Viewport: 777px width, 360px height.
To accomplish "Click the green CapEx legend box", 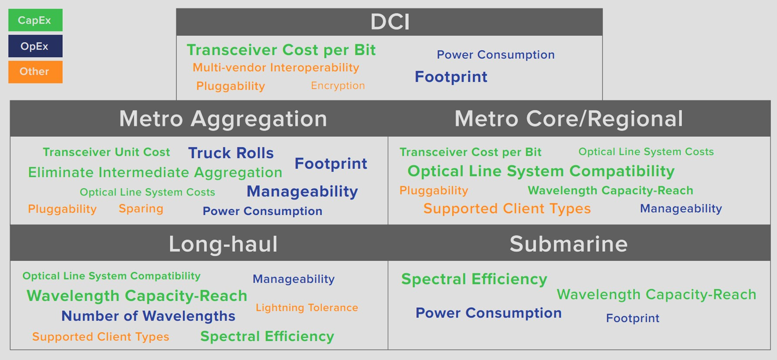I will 35,20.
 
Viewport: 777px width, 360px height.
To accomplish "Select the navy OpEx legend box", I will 35,46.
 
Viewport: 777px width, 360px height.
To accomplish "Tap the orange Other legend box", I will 35,71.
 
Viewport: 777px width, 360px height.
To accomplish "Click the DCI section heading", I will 390,22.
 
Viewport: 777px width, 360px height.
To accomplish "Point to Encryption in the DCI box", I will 338,85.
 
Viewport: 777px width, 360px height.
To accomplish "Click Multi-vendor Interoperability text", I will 276,68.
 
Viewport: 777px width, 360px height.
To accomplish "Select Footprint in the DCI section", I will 451,77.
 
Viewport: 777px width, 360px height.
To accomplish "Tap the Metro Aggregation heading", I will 223,119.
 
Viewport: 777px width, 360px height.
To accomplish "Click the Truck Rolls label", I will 231,153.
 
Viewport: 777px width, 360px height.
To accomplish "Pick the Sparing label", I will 141,209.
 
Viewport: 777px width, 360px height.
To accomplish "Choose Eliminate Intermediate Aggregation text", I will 155,173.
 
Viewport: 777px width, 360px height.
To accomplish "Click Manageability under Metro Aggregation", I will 302,191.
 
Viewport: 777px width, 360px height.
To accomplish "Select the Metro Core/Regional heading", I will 568,119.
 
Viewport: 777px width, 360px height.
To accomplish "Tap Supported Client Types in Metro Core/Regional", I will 507,209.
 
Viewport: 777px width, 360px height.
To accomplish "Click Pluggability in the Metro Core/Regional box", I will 434,190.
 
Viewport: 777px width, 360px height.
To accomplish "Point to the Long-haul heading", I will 223,244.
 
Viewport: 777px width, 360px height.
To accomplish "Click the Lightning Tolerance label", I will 307,308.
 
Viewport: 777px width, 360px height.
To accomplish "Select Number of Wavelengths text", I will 148,316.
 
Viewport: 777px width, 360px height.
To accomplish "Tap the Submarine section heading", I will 568,244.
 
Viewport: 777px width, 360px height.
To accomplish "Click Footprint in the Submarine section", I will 632,318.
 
